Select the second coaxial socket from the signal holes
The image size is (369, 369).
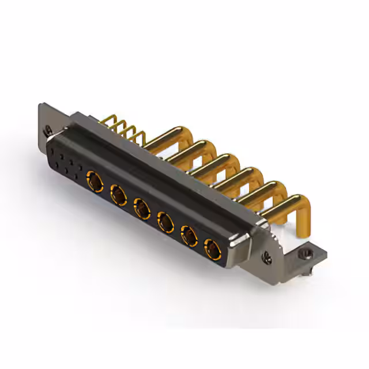(x=119, y=195)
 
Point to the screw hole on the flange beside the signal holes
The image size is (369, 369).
(x=49, y=130)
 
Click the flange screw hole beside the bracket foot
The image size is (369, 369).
(x=268, y=257)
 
